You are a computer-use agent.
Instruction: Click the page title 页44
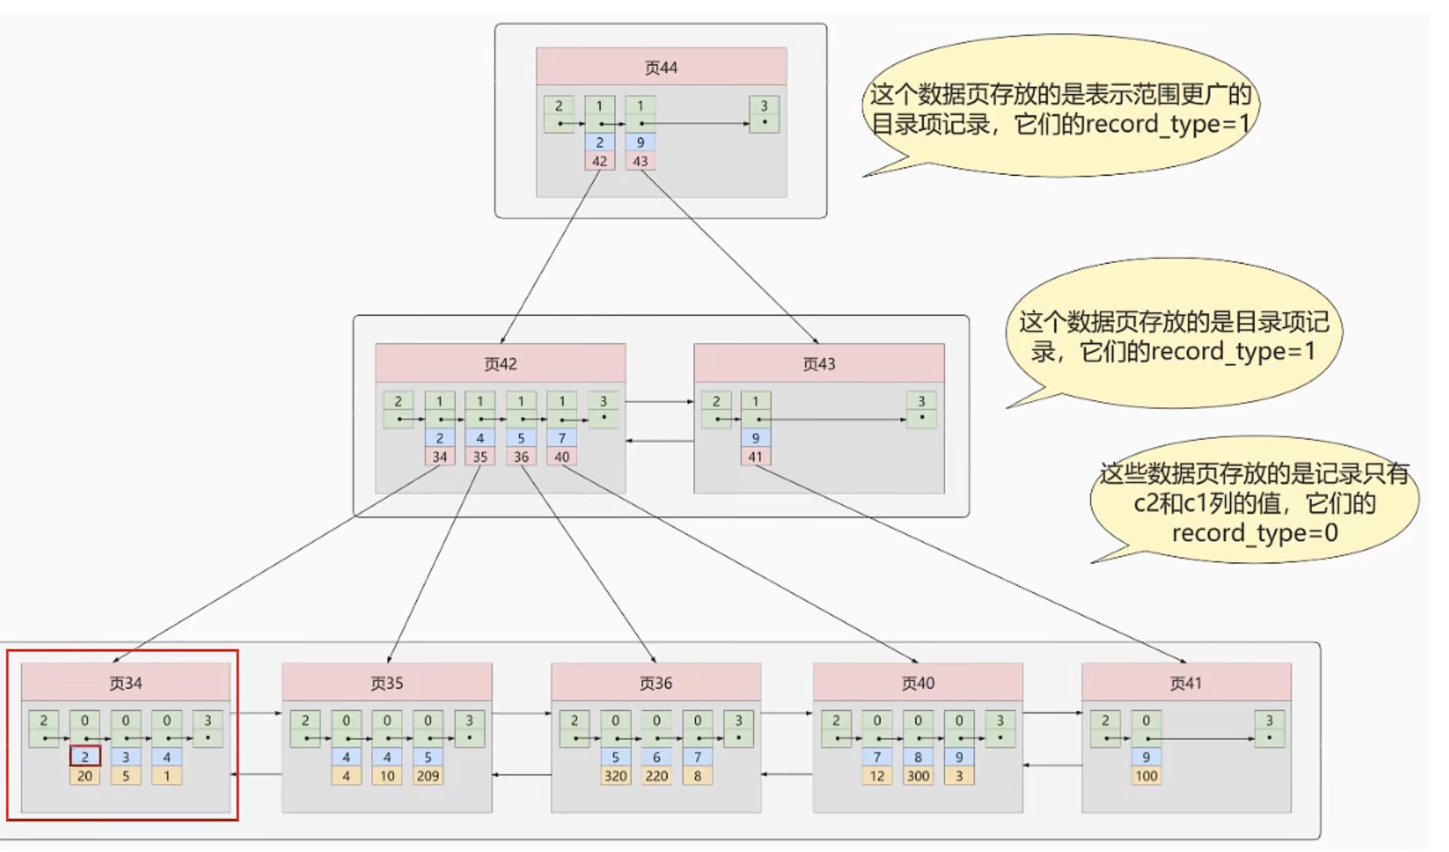[x=661, y=67]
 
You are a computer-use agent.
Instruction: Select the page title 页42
[x=501, y=364]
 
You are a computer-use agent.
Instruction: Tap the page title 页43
[x=819, y=364]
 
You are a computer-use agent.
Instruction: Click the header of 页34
[x=125, y=683]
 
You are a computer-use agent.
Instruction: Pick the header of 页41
[x=1186, y=683]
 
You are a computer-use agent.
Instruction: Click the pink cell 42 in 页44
[x=599, y=161]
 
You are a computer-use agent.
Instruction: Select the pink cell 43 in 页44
[x=640, y=161]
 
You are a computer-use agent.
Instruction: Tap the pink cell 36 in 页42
[x=521, y=457]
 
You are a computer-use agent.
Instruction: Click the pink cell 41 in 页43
[x=755, y=457]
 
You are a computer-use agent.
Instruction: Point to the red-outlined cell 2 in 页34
[x=85, y=757]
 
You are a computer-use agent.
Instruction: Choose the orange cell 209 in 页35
[x=428, y=776]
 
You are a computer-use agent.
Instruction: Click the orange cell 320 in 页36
[x=615, y=776]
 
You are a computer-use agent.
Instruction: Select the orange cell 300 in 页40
[x=918, y=776]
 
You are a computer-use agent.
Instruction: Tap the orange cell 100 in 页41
[x=1146, y=776]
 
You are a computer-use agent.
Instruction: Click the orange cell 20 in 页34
[x=85, y=776]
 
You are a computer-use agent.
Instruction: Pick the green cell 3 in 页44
[x=764, y=113]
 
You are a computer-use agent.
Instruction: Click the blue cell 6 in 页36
[x=656, y=757]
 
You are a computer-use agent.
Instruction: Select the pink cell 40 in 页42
[x=562, y=457]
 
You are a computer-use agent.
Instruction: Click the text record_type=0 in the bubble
[x=1254, y=533]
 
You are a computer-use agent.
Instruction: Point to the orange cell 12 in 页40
[x=877, y=776]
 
